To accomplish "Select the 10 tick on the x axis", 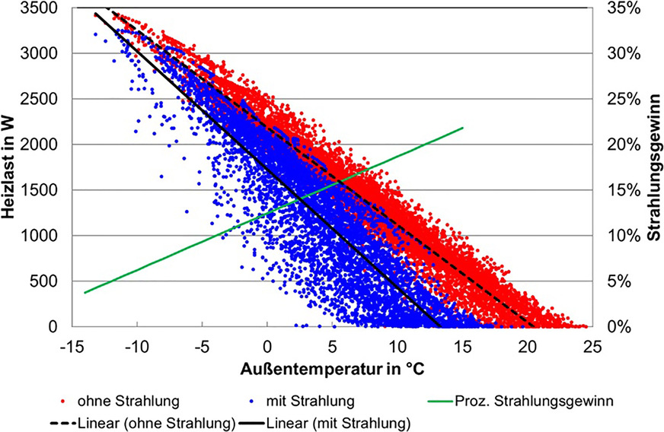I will (x=397, y=344).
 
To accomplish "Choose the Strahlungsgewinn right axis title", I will (x=653, y=167).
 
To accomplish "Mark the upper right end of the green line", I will (x=462, y=128).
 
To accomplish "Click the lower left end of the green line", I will (x=85, y=292).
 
